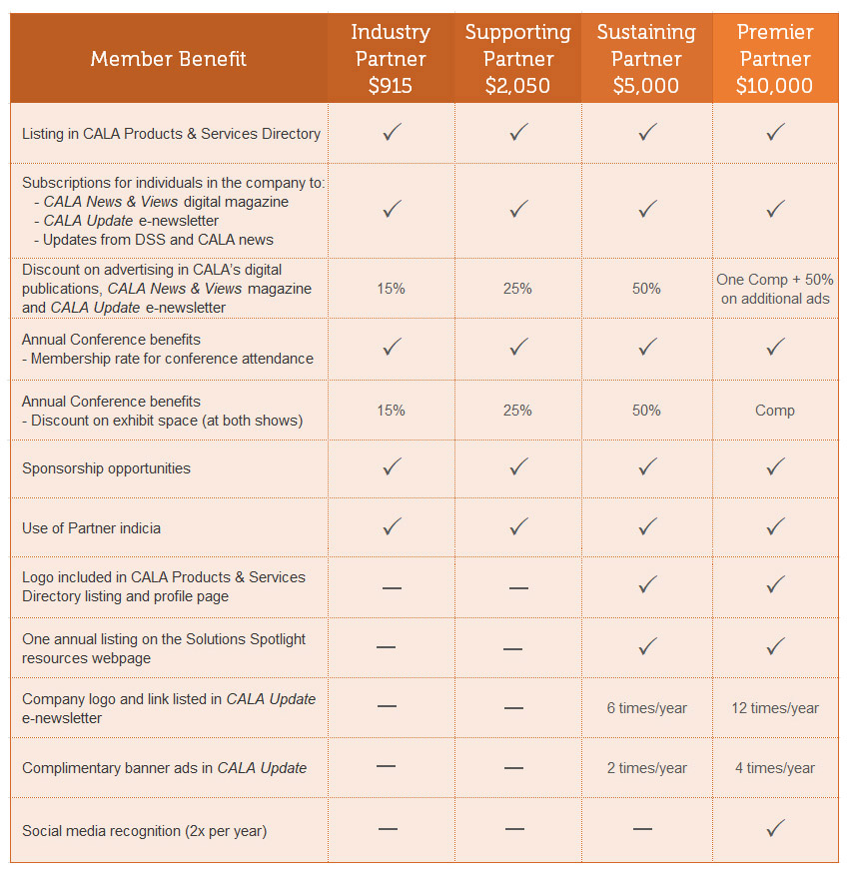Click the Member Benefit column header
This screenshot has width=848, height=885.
tap(168, 59)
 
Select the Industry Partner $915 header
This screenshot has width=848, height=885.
tap(391, 59)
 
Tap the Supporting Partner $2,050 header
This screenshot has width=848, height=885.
tap(517, 59)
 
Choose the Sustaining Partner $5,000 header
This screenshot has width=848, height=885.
tap(646, 59)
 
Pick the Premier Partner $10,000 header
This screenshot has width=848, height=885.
tap(775, 59)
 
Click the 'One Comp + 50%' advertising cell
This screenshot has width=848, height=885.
tap(775, 289)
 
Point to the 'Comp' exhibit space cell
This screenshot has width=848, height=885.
tap(775, 411)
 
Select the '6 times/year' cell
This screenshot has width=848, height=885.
tap(646, 708)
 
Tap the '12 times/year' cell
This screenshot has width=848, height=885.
tap(775, 708)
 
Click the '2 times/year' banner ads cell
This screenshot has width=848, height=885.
tap(646, 768)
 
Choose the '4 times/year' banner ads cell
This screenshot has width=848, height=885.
tap(775, 768)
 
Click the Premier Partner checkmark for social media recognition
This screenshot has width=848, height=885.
tap(775, 829)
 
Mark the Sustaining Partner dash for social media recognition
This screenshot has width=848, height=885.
tap(643, 829)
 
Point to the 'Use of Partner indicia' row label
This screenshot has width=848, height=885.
tap(92, 527)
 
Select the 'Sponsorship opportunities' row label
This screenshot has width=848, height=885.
tap(106, 468)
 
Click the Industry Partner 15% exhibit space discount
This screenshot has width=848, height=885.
tap(391, 411)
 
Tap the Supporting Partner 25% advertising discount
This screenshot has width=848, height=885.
tap(517, 289)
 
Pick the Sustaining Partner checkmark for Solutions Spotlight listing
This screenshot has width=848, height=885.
tap(647, 647)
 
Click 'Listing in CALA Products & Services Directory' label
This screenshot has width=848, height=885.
tap(171, 133)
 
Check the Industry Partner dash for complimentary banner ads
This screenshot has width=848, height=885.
tap(388, 767)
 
